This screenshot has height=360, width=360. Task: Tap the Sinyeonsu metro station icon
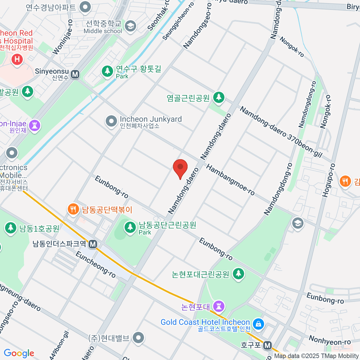[x=75, y=74]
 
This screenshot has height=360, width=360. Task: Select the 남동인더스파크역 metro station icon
[x=93, y=244]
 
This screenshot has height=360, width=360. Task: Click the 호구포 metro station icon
[x=267, y=346]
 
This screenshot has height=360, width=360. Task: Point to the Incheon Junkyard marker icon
[x=111, y=121]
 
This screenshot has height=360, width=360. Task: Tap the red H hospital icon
[x=17, y=59]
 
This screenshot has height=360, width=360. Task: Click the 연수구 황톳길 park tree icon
[x=107, y=71]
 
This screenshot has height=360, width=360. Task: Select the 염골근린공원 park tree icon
[x=219, y=97]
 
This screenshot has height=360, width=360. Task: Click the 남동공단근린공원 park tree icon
[x=130, y=227]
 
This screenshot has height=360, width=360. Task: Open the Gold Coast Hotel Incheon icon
[x=258, y=324]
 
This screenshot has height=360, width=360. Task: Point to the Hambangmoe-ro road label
[x=230, y=180]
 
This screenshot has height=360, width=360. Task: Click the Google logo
[x=19, y=353]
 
